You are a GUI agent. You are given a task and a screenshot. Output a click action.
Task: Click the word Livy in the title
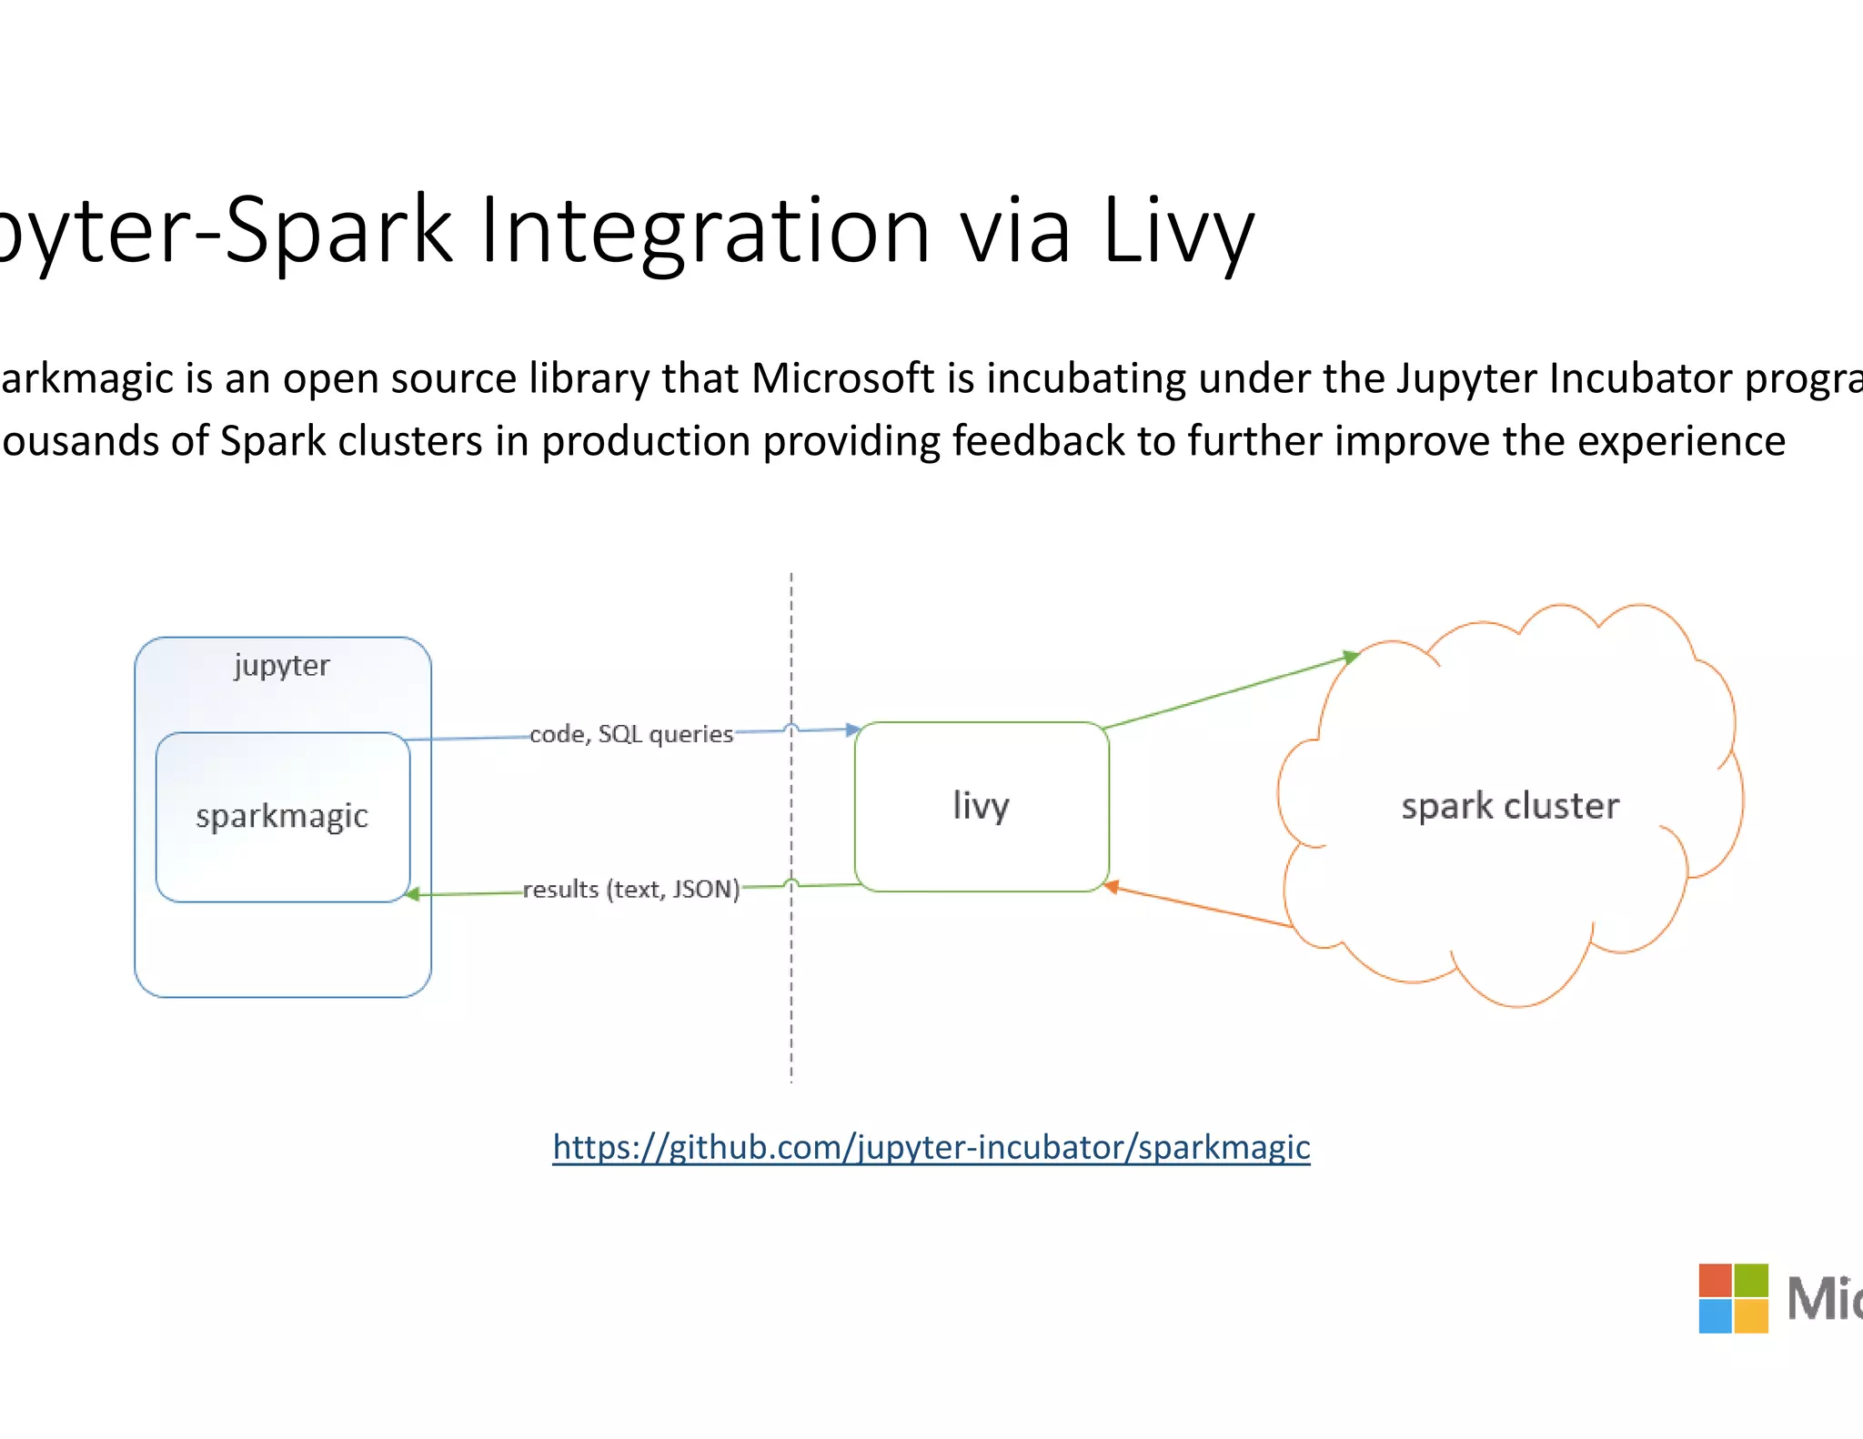coord(1178,232)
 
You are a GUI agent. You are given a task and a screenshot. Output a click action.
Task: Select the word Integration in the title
coord(704,232)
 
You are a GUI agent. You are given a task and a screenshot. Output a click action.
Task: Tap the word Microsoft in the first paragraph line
coord(842,378)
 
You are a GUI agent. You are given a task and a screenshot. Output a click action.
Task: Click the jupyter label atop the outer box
coord(282,666)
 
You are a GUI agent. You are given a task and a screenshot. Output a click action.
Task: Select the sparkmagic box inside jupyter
coord(282,817)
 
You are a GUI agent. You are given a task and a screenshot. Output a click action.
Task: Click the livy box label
coord(981,806)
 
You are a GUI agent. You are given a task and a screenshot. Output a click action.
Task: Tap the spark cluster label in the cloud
coord(1510,806)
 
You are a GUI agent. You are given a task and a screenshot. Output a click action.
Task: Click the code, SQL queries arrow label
coord(631,734)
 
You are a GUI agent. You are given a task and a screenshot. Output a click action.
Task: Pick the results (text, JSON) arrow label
coord(631,889)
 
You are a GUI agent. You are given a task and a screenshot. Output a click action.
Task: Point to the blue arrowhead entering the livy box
coord(852,730)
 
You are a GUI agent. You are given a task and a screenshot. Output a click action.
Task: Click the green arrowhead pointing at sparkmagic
coord(412,894)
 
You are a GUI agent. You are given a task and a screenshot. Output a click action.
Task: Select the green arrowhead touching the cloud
coord(1351,656)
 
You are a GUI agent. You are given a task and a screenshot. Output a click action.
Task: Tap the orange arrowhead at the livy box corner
coord(1111,886)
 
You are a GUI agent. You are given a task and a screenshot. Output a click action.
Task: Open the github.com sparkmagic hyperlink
coord(931,1147)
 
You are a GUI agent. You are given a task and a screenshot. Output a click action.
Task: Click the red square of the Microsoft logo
coord(1715,1280)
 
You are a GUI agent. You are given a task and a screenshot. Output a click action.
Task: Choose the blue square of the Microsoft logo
coord(1715,1316)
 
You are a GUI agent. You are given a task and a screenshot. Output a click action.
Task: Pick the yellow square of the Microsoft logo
coord(1751,1316)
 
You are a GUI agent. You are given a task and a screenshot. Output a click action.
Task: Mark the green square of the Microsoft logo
coord(1751,1280)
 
